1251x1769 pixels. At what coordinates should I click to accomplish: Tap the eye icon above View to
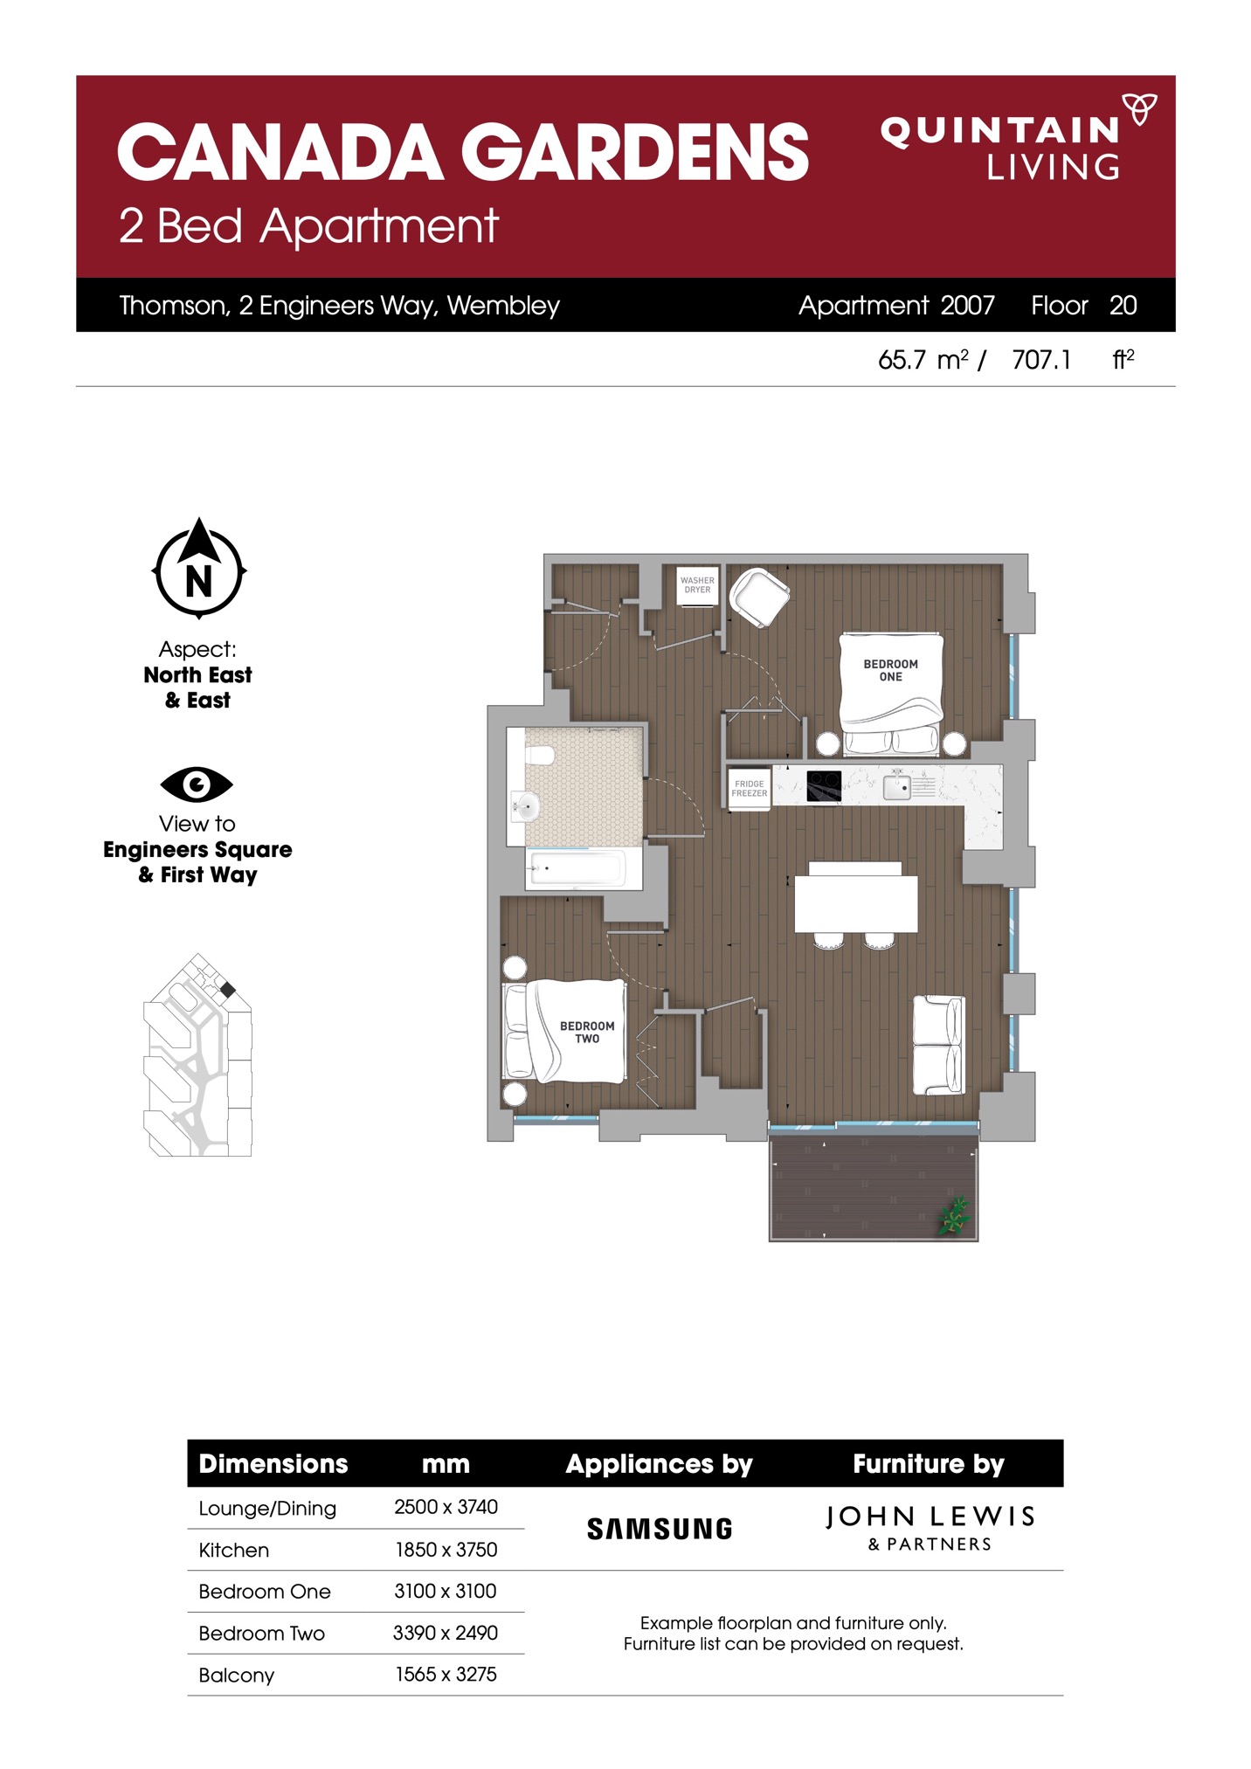click(x=197, y=784)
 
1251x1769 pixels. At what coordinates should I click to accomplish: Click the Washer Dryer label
click(x=697, y=584)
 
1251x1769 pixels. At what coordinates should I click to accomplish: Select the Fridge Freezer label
click(x=750, y=788)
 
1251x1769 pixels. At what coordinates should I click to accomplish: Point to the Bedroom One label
click(x=890, y=670)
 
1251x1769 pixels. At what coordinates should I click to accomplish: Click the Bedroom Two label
click(x=587, y=1032)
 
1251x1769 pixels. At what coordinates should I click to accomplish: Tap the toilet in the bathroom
click(x=539, y=755)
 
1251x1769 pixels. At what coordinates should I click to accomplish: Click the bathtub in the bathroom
click(x=576, y=868)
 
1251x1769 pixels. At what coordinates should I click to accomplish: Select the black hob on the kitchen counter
click(x=824, y=785)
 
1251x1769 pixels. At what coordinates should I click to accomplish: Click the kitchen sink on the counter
click(x=897, y=786)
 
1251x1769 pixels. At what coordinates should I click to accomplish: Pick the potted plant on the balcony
click(x=954, y=1215)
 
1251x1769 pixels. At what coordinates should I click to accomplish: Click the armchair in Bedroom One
click(x=759, y=597)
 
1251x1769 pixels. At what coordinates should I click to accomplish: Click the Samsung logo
click(x=660, y=1529)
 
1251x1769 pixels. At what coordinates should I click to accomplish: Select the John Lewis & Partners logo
click(x=930, y=1528)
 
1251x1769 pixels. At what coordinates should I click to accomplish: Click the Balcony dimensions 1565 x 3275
click(x=446, y=1674)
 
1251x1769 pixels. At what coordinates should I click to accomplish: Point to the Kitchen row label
click(x=234, y=1550)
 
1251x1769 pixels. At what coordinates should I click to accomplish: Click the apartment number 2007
click(x=967, y=305)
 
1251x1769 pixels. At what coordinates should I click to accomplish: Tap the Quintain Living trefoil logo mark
click(x=1139, y=109)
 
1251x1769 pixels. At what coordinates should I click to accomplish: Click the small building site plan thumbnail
click(x=197, y=1055)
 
